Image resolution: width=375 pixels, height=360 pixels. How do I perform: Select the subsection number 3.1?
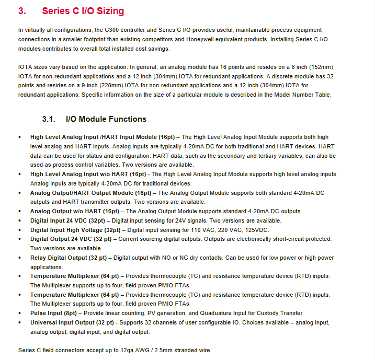[x=49, y=119]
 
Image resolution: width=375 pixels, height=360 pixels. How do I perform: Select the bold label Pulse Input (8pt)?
[x=53, y=313]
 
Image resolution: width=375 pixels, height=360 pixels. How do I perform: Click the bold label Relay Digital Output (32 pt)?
[x=69, y=258]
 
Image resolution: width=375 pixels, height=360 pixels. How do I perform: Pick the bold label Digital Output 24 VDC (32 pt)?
[x=71, y=239]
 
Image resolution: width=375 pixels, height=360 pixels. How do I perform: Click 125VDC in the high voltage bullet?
[x=257, y=229]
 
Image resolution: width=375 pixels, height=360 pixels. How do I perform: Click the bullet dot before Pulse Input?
[x=20, y=313]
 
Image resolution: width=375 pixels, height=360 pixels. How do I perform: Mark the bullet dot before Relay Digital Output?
[x=20, y=258]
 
